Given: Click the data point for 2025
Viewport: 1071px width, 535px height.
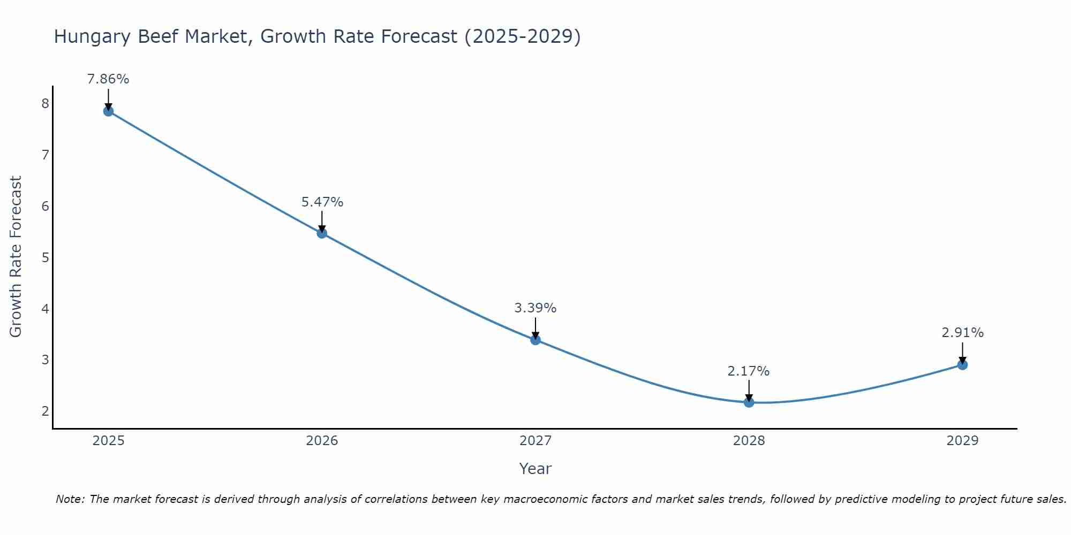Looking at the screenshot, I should tap(108, 111).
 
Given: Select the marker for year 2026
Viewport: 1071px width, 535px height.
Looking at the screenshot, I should tap(322, 233).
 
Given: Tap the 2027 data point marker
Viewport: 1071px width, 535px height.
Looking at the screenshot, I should tap(535, 340).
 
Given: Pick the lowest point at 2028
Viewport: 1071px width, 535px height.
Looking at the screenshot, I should tap(749, 402).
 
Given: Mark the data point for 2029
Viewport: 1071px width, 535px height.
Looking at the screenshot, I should tap(962, 365).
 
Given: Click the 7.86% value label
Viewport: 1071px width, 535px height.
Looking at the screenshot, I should tap(108, 79).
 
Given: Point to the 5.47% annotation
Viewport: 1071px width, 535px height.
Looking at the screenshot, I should tap(322, 202).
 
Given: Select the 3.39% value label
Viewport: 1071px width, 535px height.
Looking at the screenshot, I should tap(535, 308).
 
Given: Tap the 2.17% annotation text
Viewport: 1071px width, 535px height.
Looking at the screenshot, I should tap(749, 371).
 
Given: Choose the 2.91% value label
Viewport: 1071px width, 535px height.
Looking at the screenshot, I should tap(962, 333).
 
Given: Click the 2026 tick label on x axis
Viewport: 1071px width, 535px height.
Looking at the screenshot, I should tap(322, 441).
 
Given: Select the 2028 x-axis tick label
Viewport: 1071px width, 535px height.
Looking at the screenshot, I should tap(749, 441).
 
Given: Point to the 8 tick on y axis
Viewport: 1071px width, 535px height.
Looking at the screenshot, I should tap(45, 103).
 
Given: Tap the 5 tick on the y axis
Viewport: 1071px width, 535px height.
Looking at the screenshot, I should tap(45, 257).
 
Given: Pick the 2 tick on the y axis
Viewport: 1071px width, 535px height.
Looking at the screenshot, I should tap(45, 411).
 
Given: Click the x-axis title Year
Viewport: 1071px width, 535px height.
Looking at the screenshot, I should tap(535, 469).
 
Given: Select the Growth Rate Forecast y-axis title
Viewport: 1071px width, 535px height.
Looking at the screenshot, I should tap(16, 257).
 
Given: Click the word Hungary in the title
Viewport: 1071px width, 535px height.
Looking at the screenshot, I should tap(92, 36).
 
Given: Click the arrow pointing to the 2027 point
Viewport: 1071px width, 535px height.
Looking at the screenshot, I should tap(535, 327).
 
